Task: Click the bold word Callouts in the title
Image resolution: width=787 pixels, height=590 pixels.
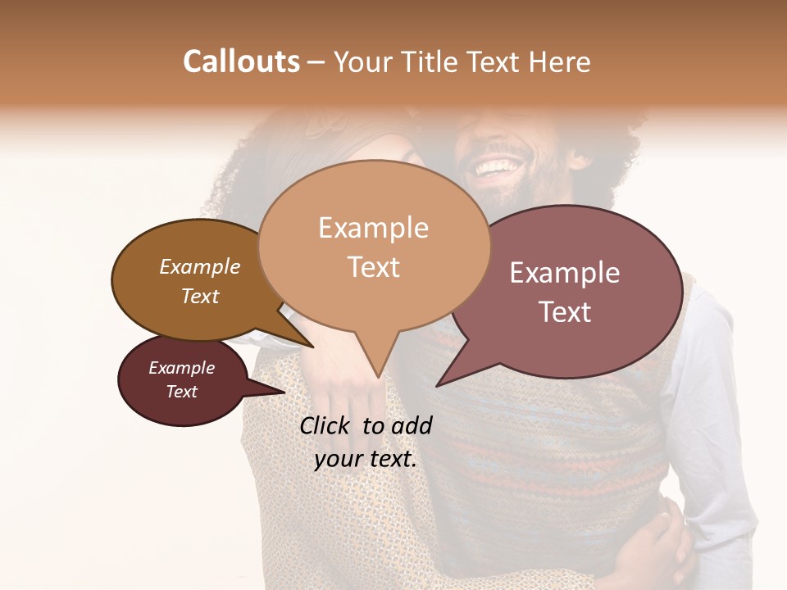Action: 241,61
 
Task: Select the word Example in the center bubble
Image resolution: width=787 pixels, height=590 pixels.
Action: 373,228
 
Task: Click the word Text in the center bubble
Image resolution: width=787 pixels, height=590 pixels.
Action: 373,267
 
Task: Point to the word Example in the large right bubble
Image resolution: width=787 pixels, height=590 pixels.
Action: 565,273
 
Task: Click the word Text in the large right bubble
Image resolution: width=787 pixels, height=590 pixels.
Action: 565,312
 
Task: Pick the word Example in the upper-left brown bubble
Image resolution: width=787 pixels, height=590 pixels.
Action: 199,267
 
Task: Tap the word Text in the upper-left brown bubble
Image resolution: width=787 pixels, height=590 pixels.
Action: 199,297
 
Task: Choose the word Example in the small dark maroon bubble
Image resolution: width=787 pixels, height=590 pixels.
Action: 181,368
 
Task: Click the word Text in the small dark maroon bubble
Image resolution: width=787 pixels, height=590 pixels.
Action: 181,392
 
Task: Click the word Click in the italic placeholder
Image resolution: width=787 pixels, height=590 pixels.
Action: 327,425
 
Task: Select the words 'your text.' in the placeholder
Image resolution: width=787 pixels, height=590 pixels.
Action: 366,459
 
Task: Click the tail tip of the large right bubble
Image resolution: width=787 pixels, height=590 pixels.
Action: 437,385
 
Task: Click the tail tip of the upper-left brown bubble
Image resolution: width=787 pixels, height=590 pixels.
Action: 312,347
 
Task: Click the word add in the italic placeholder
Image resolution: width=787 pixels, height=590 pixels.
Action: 412,425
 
